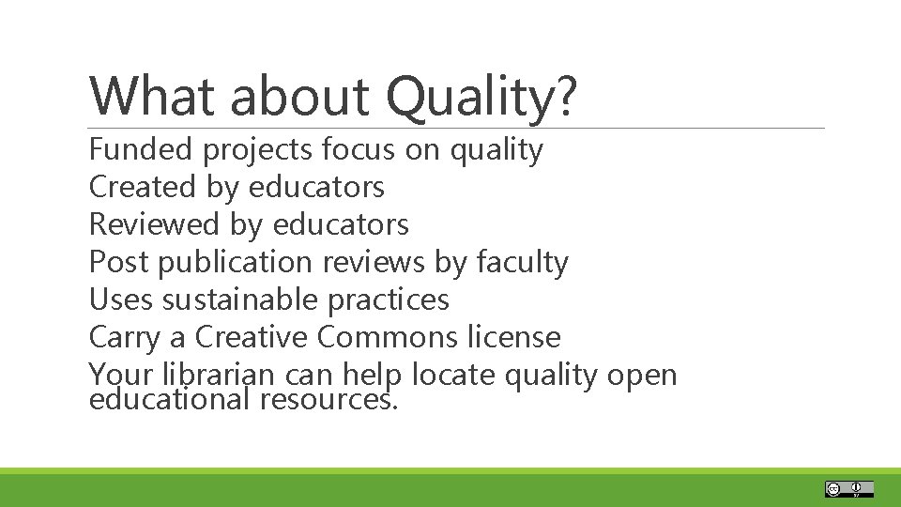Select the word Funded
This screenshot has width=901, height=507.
[x=140, y=149]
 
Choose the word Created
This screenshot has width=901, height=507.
[x=142, y=187]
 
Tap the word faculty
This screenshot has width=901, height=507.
[x=522, y=263]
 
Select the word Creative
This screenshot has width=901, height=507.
[x=251, y=337]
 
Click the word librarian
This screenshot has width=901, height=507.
[x=215, y=375]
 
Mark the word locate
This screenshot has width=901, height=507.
[x=454, y=375]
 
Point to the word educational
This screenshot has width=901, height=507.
[x=170, y=401]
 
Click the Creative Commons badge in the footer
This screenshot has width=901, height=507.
[x=849, y=488]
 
